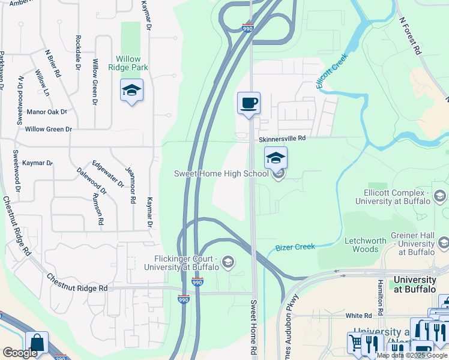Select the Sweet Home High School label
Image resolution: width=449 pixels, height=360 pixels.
[x=221, y=173]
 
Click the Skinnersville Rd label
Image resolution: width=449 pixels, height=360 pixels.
[x=282, y=138]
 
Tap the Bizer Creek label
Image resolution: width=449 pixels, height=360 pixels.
[x=295, y=247]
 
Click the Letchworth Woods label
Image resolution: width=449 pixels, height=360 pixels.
[x=365, y=245]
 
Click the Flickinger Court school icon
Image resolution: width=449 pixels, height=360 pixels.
[x=228, y=262]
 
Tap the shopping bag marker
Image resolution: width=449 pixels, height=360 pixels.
[x=37, y=343]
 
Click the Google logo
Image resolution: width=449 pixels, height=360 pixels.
[x=20, y=353]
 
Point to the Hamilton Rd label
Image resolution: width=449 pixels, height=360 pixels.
[x=380, y=298]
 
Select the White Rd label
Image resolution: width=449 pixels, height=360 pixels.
[x=358, y=316]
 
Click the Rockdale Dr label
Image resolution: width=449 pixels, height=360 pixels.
[x=78, y=52]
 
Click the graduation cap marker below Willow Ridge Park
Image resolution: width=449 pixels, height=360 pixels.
[x=131, y=91]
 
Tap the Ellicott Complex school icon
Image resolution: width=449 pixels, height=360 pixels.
[x=440, y=196]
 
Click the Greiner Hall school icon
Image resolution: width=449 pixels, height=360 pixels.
[x=444, y=243]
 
